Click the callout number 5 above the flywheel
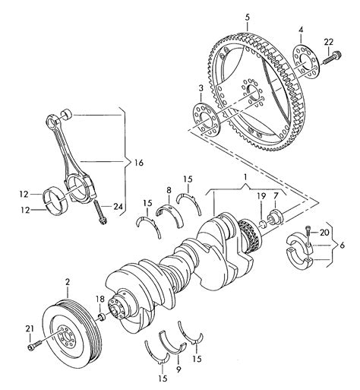click(x=247, y=16)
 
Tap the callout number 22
click(x=328, y=40)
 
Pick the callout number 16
click(x=138, y=162)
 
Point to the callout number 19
click(x=261, y=196)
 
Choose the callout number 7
click(x=276, y=196)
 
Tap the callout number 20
click(x=324, y=232)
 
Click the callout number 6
click(x=342, y=246)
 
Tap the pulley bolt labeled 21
click(x=31, y=347)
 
